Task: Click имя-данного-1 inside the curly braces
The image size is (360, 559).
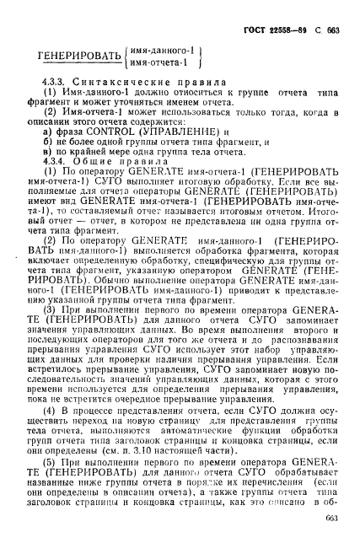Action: [160, 50]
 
